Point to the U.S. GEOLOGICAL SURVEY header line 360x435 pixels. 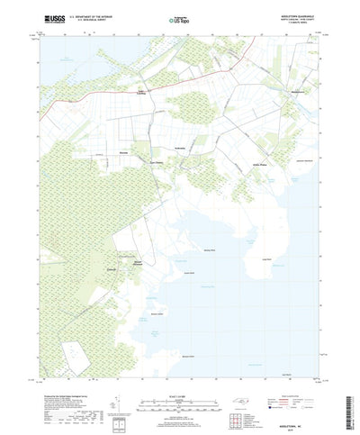tap(86, 20)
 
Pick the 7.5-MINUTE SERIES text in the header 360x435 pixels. tap(300, 23)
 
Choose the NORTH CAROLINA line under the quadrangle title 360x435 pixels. tap(300, 18)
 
